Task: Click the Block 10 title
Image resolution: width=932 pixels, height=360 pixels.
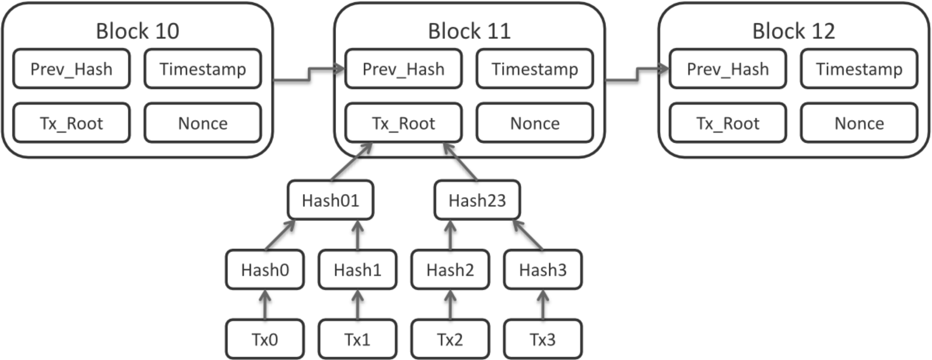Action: pyautogui.click(x=137, y=31)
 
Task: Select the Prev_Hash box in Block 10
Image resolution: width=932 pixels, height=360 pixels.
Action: pyautogui.click(x=72, y=69)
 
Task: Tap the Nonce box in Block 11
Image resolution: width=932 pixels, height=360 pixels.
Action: pyautogui.click(x=535, y=123)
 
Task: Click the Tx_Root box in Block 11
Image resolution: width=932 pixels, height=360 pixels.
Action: pyautogui.click(x=403, y=123)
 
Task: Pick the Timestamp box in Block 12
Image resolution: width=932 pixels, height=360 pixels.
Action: pyautogui.click(x=859, y=69)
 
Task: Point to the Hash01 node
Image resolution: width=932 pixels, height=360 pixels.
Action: pyautogui.click(x=330, y=200)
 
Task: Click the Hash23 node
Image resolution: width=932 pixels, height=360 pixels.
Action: pyautogui.click(x=477, y=200)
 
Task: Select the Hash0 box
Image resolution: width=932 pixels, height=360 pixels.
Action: pyautogui.click(x=265, y=270)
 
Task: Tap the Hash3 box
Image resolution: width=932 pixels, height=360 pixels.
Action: pyautogui.click(x=542, y=270)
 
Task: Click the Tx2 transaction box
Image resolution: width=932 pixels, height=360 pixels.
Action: pyautogui.click(x=450, y=340)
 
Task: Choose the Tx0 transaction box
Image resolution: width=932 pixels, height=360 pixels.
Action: pyautogui.click(x=265, y=340)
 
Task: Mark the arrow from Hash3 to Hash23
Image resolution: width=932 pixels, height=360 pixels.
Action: pyautogui.click(x=528, y=235)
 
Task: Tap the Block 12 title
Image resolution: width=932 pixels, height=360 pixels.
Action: pyautogui.click(x=794, y=31)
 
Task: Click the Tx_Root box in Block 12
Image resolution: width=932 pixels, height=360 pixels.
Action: pyautogui.click(x=727, y=123)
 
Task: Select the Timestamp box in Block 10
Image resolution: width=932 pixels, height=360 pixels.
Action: pyautogui.click(x=203, y=69)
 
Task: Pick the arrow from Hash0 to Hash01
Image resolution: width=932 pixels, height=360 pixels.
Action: pyautogui.click(x=280, y=235)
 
